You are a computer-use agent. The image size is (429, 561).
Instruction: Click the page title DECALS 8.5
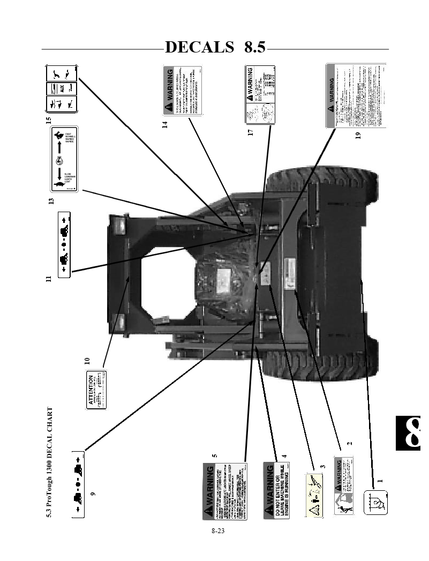tap(215, 47)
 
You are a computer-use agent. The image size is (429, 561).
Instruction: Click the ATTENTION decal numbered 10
tap(96, 390)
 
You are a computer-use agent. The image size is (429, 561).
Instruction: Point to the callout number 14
tap(165, 124)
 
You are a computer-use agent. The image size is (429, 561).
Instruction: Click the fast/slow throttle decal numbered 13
tap(64, 159)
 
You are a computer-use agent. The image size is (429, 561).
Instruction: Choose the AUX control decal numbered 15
tap(62, 89)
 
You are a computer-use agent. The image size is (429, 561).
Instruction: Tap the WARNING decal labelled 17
tap(260, 94)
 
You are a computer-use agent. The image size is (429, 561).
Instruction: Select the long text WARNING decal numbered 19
tap(356, 95)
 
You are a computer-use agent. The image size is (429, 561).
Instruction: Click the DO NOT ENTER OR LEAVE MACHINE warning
tap(277, 490)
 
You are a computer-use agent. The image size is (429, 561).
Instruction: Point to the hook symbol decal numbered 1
tap(376, 502)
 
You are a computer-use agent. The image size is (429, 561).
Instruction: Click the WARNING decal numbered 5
tap(224, 489)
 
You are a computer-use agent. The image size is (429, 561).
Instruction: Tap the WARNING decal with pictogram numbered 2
tap(343, 485)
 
